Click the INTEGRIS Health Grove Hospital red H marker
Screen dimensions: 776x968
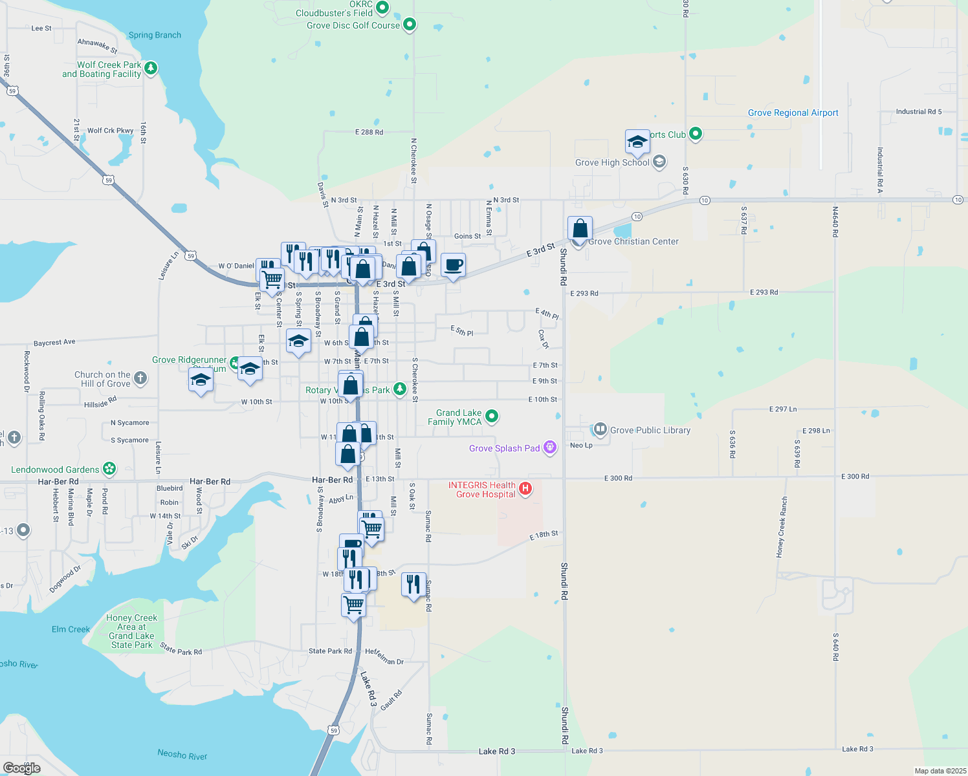coord(525,489)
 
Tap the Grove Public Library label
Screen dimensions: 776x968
coord(650,430)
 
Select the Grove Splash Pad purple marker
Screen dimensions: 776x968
coord(550,447)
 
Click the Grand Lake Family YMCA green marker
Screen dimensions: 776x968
coord(492,416)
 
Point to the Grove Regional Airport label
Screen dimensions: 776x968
coord(793,113)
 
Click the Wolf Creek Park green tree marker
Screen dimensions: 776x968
coord(151,68)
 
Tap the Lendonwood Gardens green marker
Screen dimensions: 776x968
coord(109,469)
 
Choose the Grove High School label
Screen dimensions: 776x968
coord(612,162)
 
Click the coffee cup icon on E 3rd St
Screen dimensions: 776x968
coord(453,265)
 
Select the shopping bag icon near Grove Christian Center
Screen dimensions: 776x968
coord(580,228)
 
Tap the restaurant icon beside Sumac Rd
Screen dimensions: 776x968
coord(413,585)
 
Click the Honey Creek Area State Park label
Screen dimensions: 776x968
coord(131,631)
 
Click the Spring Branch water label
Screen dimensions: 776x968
coord(155,35)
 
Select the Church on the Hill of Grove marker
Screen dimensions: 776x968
coord(140,378)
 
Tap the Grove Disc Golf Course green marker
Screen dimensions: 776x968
coord(409,25)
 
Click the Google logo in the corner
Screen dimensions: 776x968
coord(22,768)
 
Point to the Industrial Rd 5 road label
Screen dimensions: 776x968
coord(918,112)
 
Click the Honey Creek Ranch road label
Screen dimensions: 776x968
coord(782,527)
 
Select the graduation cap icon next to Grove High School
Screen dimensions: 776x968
coord(637,142)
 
